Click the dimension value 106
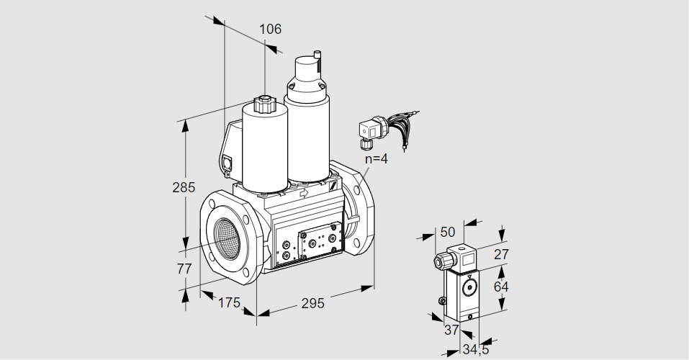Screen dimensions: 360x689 tap(270, 30)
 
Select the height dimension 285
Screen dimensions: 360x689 tap(184, 188)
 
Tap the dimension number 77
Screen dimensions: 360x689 tap(184, 269)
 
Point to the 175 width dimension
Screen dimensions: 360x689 tap(228, 302)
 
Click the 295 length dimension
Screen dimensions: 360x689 tap(312, 303)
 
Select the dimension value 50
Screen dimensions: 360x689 tap(448, 232)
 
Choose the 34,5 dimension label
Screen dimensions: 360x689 tap(474, 351)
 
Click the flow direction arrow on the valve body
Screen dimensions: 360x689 tap(303, 194)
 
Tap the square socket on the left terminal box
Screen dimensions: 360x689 tap(229, 163)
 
